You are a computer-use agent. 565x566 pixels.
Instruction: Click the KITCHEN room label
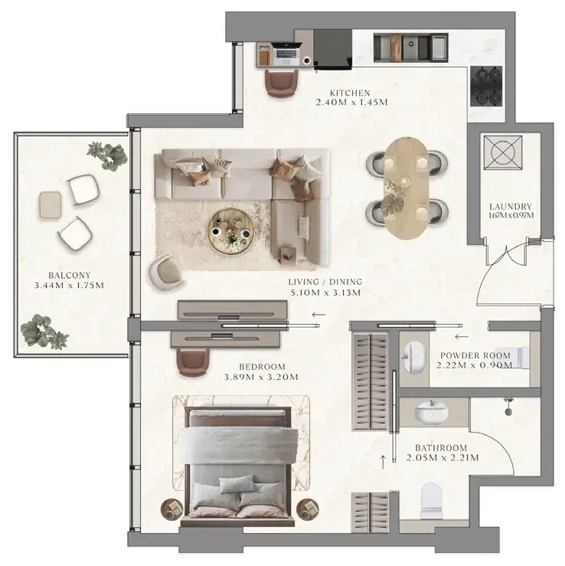tap(350, 93)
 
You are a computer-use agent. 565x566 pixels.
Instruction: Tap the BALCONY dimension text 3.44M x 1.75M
tap(69, 286)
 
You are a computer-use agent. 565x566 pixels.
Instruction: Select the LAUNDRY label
tap(511, 207)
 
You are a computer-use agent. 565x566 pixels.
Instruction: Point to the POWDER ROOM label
tap(475, 355)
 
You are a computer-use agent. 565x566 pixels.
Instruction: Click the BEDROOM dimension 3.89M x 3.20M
tap(261, 378)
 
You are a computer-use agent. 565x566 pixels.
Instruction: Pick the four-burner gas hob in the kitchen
tap(486, 87)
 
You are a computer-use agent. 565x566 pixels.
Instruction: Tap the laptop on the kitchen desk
tap(286, 54)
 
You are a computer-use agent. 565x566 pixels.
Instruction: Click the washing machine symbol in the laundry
tap(503, 152)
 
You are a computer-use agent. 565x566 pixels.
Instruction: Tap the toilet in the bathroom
tap(432, 501)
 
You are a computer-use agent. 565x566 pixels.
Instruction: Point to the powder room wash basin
tap(415, 358)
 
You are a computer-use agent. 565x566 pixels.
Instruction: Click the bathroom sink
tap(431, 411)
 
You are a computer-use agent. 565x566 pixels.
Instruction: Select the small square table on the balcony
tap(51, 204)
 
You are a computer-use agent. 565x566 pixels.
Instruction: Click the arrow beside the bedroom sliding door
tap(318, 315)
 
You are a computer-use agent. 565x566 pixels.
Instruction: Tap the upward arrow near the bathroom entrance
tap(383, 462)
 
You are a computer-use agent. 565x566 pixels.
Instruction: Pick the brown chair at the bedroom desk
tap(194, 362)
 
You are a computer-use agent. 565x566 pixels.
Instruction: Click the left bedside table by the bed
tap(171, 509)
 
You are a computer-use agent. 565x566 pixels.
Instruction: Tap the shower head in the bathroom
tap(508, 406)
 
